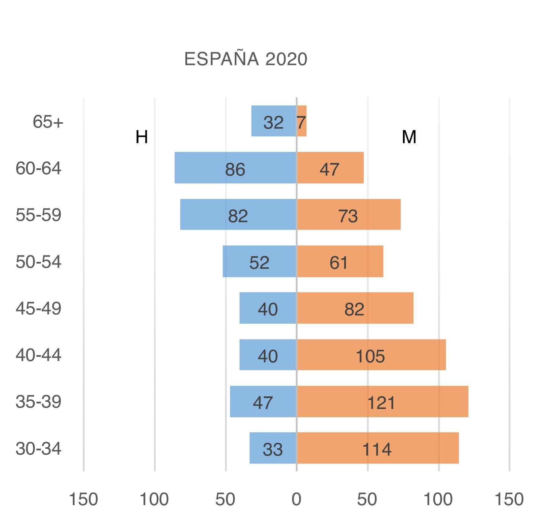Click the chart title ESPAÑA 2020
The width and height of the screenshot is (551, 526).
[246, 60]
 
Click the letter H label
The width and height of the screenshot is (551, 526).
[142, 137]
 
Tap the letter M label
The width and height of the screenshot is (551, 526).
[409, 137]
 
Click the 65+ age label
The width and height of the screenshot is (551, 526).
[48, 122]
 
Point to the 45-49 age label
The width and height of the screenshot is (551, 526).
[38, 308]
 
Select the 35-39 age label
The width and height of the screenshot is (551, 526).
[38, 402]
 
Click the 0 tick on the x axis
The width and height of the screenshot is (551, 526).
[296, 499]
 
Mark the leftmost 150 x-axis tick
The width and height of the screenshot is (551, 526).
[83, 499]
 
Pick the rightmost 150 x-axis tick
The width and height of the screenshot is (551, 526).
[509, 499]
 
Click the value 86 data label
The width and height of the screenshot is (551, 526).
[235, 170]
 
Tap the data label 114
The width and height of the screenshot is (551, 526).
[377, 450]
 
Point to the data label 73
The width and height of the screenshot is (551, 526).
[348, 216]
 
